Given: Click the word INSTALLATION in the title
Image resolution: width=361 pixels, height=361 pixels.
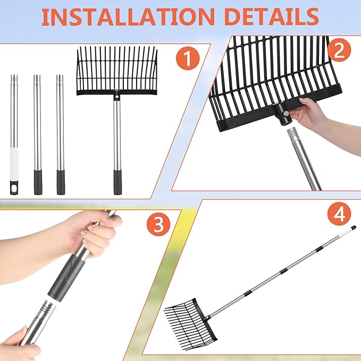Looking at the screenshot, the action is click(128, 17).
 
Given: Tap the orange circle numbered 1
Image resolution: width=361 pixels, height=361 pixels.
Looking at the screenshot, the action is click(188, 58).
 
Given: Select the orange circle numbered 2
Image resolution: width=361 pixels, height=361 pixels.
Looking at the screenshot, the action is click(339, 50).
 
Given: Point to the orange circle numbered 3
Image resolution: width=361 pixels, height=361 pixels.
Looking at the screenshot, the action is click(158, 224).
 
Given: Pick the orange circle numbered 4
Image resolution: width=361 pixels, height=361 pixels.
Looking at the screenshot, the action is click(339, 214).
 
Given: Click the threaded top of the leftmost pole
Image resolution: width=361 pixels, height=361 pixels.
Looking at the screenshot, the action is click(14, 78).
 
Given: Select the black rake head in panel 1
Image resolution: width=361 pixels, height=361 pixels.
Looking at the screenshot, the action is click(117, 71).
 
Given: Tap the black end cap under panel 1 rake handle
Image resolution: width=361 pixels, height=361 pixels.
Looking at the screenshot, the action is click(117, 182).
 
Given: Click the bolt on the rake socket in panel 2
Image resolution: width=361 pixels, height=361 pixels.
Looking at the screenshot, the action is click(286, 113).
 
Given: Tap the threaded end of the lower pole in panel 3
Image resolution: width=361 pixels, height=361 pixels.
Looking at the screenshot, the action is click(48, 308).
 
